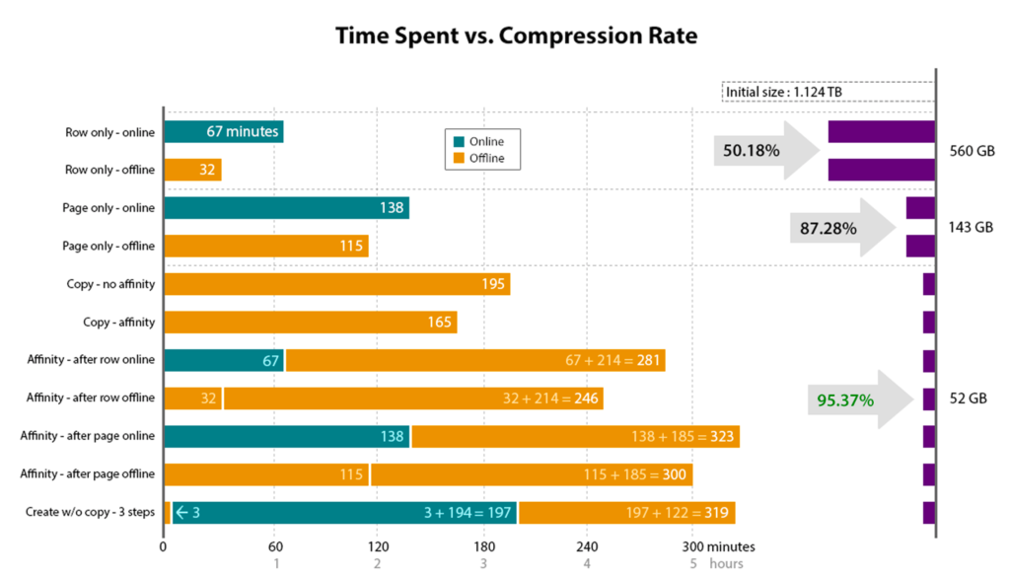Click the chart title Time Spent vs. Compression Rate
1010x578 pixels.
tap(516, 36)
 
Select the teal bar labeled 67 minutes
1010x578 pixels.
tap(223, 131)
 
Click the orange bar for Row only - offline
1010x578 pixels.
tap(192, 170)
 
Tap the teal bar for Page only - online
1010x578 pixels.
tap(286, 208)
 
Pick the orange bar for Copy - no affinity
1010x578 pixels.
tap(336, 284)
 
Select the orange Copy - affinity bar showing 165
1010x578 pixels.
tap(310, 322)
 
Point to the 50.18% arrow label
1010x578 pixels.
tap(752, 151)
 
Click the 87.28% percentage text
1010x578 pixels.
tap(829, 228)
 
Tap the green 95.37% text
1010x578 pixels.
tap(845, 400)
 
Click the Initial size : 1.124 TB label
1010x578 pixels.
tap(783, 93)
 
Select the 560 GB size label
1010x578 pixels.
tap(971, 152)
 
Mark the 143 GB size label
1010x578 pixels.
tap(971, 227)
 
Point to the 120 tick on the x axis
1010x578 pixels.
tap(376, 546)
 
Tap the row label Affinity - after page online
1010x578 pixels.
tap(88, 436)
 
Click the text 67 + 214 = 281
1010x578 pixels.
tap(613, 360)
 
